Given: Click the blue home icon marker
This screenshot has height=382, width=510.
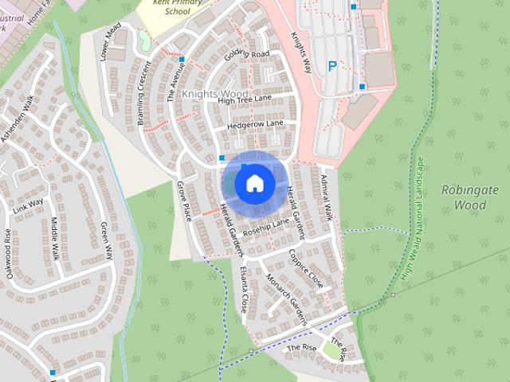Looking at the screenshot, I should click(x=254, y=183).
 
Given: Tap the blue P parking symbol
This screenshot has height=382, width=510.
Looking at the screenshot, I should click(x=331, y=68).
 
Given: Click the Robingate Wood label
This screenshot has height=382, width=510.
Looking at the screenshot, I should click(x=469, y=197).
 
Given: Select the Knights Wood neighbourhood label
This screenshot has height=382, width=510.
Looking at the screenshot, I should click(x=214, y=94).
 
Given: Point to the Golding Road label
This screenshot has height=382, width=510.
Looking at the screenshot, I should click(x=247, y=53).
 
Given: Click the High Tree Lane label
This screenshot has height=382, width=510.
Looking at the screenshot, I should click(x=245, y=99).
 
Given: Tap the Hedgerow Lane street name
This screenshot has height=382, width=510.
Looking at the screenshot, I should click(x=254, y=125).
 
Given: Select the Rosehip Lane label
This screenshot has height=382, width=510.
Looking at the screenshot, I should click(x=266, y=228).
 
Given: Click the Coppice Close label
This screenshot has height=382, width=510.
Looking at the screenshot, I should click(x=306, y=268).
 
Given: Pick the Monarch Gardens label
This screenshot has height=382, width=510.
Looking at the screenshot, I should click(x=286, y=301).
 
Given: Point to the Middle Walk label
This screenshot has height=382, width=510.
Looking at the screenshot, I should click(x=55, y=239).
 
